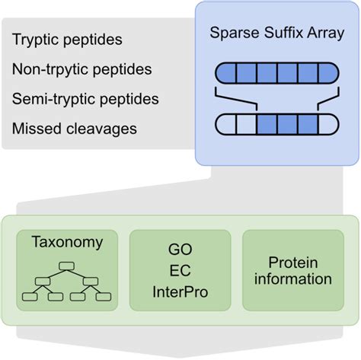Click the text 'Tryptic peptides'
[x=67, y=39]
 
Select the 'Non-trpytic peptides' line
[x=81, y=69]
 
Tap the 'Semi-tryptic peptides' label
[x=85, y=99]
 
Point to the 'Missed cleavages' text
[x=75, y=129]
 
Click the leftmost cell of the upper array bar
[x=228, y=74]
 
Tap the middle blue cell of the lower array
[x=286, y=123]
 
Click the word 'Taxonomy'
[x=67, y=243]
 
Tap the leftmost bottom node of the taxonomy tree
[x=34, y=296]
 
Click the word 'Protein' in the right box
[x=293, y=262]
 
